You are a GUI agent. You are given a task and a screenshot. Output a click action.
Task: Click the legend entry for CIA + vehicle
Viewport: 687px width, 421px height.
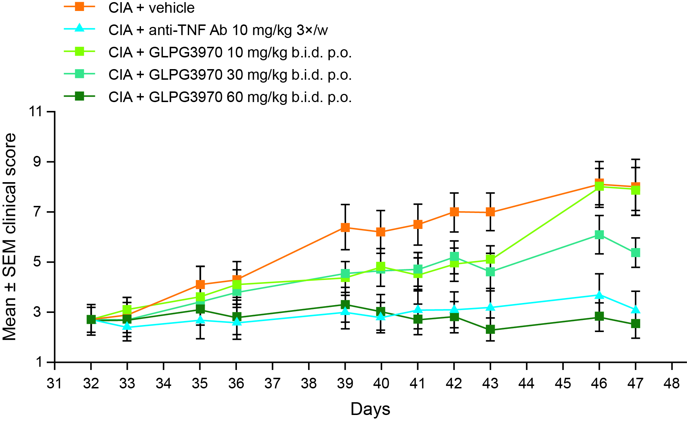click(x=151, y=8)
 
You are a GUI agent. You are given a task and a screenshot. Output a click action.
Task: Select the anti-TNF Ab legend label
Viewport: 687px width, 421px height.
click(x=218, y=30)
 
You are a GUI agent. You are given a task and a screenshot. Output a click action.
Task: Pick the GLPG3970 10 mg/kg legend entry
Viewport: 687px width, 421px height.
click(x=230, y=52)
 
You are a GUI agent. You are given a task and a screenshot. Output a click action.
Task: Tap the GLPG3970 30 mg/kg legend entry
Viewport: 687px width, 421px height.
click(x=230, y=75)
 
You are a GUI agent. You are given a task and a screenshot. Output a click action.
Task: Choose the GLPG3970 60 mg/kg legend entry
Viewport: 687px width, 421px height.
click(x=230, y=97)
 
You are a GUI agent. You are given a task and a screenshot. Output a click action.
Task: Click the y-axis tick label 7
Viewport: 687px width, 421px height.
click(x=45, y=212)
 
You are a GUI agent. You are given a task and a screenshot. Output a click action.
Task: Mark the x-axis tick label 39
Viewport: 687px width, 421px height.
click(x=345, y=383)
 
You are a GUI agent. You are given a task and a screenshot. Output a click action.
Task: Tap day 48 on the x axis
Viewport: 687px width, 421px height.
click(x=672, y=383)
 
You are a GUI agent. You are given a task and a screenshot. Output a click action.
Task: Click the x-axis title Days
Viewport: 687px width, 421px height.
click(x=370, y=409)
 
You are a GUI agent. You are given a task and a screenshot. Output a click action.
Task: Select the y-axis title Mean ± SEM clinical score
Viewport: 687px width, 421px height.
click(x=10, y=237)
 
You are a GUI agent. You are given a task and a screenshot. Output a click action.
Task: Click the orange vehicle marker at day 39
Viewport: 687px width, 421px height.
click(x=345, y=228)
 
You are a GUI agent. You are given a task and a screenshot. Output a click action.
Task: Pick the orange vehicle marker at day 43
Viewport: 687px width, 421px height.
click(x=490, y=212)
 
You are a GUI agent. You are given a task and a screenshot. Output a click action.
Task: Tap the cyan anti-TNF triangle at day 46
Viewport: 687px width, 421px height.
click(x=599, y=295)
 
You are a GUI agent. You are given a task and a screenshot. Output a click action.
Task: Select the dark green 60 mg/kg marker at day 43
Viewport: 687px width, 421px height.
click(x=490, y=330)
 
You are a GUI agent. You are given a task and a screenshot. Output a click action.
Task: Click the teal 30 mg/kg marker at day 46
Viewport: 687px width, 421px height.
click(x=599, y=235)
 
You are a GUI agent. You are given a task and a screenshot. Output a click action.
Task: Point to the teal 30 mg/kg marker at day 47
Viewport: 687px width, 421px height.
click(x=636, y=252)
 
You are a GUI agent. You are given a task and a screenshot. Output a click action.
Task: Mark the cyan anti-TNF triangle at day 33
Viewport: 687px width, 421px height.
click(x=127, y=326)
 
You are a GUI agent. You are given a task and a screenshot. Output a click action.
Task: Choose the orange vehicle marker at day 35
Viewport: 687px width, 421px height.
click(x=200, y=284)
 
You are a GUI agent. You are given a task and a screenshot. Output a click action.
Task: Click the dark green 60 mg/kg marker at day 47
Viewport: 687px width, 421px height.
click(x=636, y=324)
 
